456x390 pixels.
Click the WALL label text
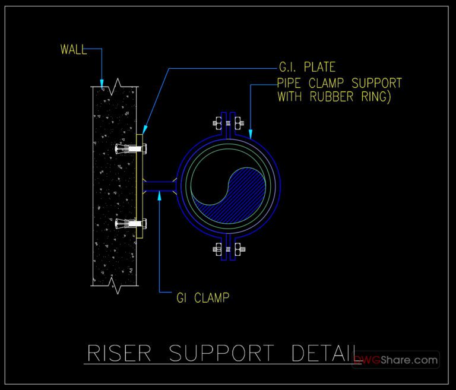73,49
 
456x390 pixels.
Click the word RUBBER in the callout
332,97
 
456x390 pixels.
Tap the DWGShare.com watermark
395,360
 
